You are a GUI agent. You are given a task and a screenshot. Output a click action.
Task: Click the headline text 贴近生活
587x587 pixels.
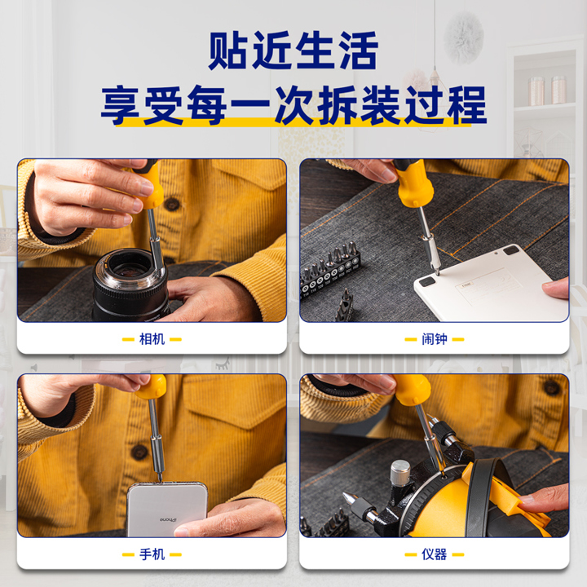[293, 51]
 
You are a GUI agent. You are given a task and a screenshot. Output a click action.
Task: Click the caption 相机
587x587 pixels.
[152, 339]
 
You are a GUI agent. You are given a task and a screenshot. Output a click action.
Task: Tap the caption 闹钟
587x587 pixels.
[435, 339]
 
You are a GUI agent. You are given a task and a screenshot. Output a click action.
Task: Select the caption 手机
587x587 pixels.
[152, 554]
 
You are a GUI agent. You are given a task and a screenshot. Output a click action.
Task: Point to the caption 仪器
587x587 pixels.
[435, 554]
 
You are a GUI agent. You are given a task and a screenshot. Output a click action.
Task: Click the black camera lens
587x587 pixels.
[129, 285]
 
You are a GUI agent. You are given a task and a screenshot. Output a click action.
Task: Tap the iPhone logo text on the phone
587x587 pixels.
[168, 519]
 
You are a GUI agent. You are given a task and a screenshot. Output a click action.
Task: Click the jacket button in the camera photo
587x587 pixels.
[171, 204]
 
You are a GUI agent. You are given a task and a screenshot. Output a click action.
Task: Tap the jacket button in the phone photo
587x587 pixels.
[139, 452]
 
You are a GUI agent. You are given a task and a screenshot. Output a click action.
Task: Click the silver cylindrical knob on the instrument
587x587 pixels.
[400, 472]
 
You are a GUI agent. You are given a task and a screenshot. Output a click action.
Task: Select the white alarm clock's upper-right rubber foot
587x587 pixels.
[511, 250]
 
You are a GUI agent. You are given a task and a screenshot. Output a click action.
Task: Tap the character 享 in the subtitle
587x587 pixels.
[120, 105]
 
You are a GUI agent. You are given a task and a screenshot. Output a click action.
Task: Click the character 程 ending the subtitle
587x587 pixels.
[467, 105]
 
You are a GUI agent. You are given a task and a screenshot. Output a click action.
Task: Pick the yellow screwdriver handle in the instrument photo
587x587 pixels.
[413, 390]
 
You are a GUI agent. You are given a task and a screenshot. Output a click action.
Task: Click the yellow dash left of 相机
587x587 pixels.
[128, 339]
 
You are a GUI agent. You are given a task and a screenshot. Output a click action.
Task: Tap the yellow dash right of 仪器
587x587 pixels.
[458, 555]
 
